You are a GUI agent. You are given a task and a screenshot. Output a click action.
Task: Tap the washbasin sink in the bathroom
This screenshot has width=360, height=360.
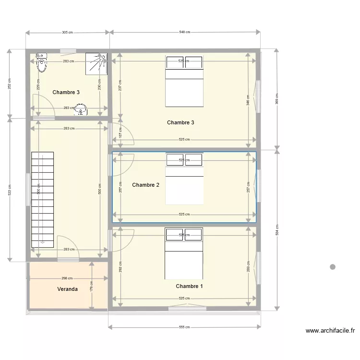[x=83, y=110]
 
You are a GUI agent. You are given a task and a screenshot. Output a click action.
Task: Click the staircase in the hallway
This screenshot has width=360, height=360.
[x=43, y=199]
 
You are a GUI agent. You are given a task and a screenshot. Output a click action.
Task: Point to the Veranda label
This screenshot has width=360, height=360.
[x=67, y=289]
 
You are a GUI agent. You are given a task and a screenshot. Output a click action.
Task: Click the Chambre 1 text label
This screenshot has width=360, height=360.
[x=189, y=286]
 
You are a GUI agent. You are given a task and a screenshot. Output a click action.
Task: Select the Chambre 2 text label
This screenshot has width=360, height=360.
[x=145, y=185]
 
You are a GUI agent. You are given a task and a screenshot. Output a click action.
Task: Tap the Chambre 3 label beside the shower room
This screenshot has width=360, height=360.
[x=66, y=92]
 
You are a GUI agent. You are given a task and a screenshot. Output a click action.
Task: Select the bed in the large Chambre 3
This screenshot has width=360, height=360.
[x=184, y=81]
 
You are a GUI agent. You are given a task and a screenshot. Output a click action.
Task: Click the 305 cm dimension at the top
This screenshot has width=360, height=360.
[x=68, y=33]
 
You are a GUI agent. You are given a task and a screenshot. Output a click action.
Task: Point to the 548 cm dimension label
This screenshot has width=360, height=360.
[x=185, y=33]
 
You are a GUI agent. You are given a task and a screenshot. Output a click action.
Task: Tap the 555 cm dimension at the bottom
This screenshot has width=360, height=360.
[x=185, y=327]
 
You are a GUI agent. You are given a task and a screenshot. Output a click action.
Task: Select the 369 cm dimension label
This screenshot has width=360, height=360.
[x=276, y=99]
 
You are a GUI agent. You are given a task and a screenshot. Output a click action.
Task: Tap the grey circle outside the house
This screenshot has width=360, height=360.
[x=332, y=267]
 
